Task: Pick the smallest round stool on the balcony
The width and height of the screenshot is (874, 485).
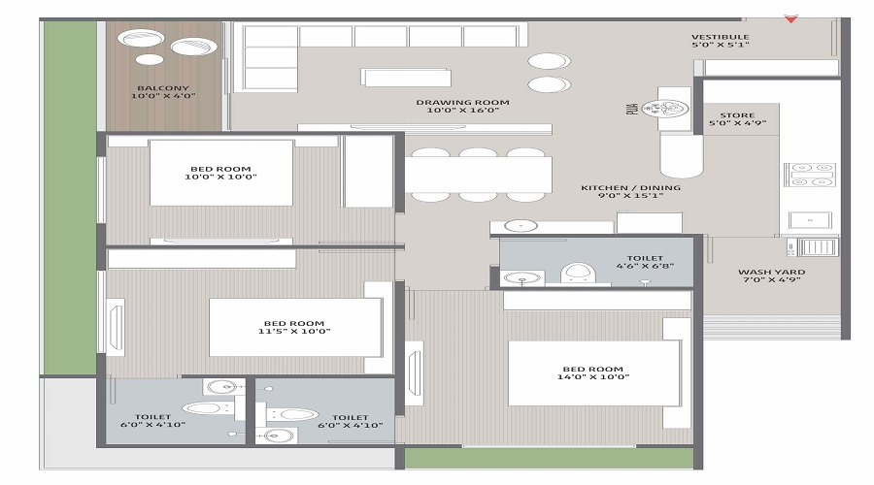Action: click(x=150, y=60)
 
